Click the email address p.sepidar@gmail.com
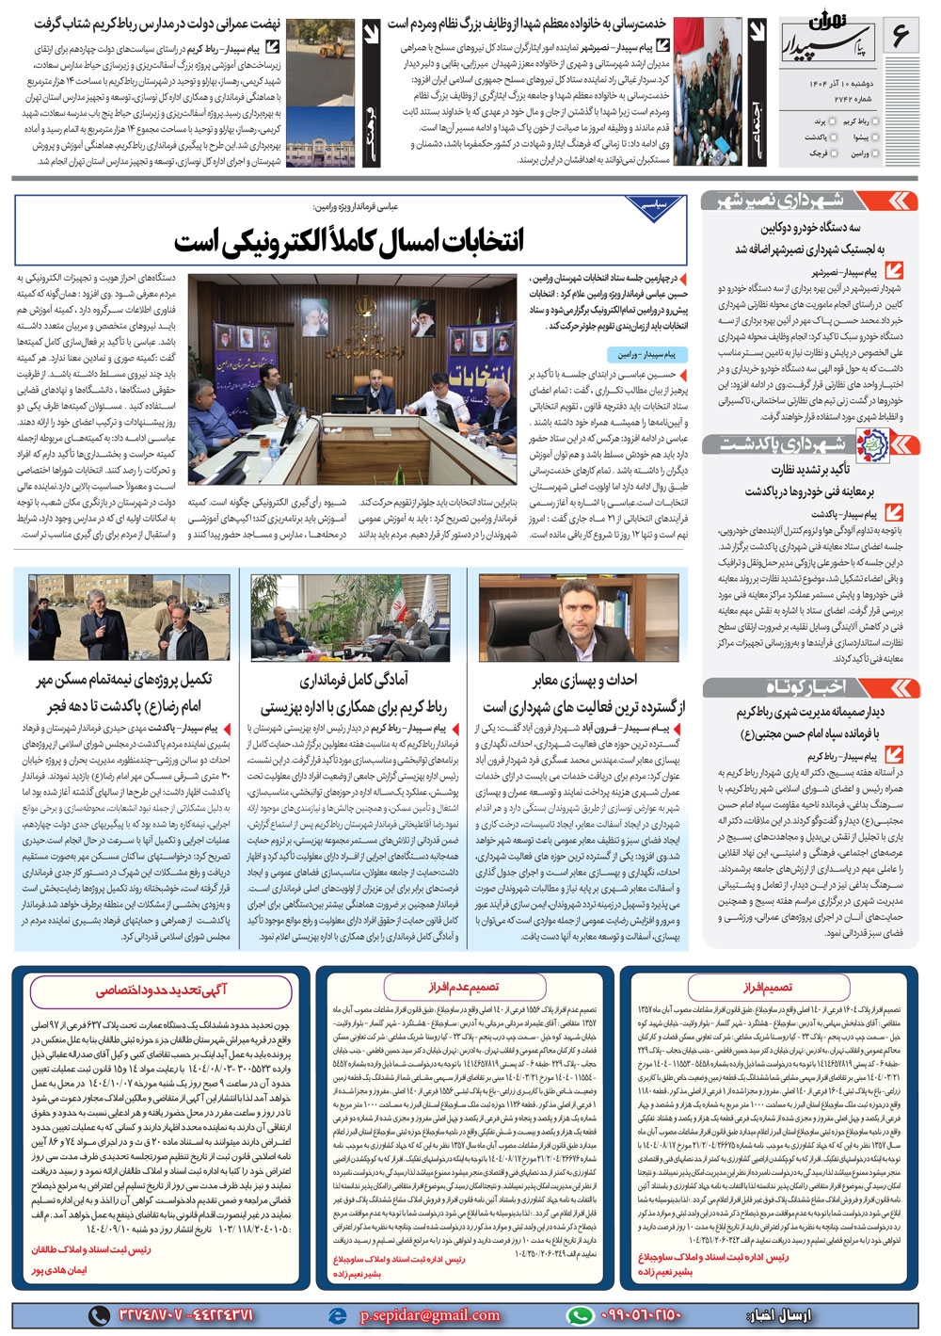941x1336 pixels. point(429,1314)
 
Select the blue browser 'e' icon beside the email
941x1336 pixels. point(337,1314)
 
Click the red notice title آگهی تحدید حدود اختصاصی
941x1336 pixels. point(161,990)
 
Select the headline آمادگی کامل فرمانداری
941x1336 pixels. point(353,680)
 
